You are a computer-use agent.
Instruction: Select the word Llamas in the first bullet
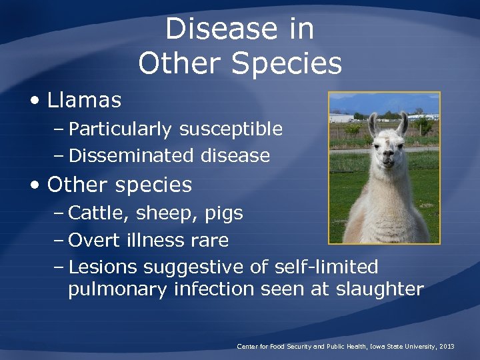84,100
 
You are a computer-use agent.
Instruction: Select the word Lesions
103,267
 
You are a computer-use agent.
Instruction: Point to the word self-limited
325,267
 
